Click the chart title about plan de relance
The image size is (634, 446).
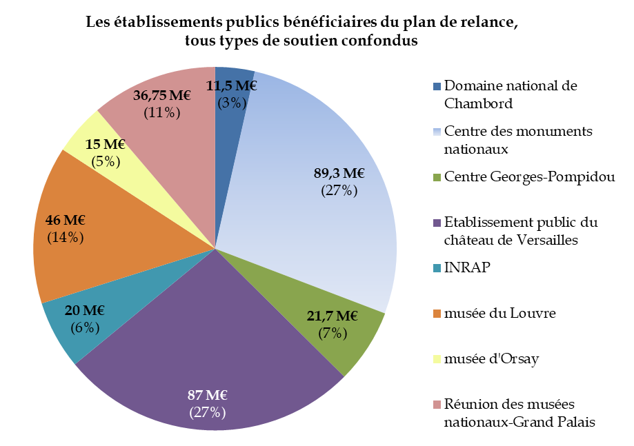pos(301,31)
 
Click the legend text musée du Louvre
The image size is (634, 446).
pos(499,314)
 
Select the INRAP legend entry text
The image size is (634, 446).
pos(467,267)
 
